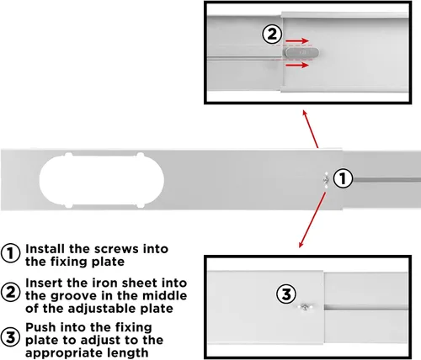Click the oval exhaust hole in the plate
[x=102, y=181]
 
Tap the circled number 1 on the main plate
[x=343, y=178]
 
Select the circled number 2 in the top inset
[x=272, y=34]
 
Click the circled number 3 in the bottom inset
[x=286, y=294]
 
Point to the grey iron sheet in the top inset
[x=302, y=52]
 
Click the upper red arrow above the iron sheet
[x=297, y=41]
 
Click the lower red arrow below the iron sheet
[x=297, y=66]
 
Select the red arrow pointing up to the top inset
[x=310, y=129]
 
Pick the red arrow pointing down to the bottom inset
[x=312, y=220]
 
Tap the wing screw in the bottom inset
[x=305, y=307]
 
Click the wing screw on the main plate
[x=326, y=179]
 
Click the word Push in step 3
[x=40, y=327]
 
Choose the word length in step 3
[x=129, y=352]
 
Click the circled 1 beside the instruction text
[x=10, y=253]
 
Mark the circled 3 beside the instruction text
[x=10, y=336]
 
